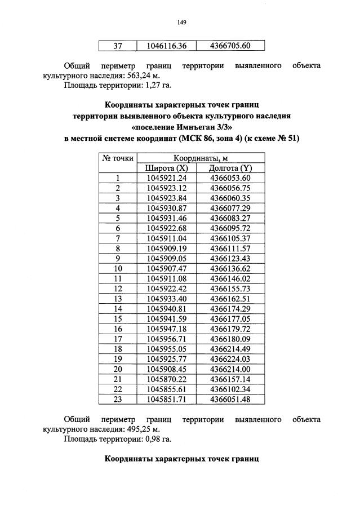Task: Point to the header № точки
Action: [x=118, y=158]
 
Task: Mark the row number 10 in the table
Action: [x=118, y=268]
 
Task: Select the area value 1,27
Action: [x=149, y=86]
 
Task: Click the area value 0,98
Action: [x=149, y=439]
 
